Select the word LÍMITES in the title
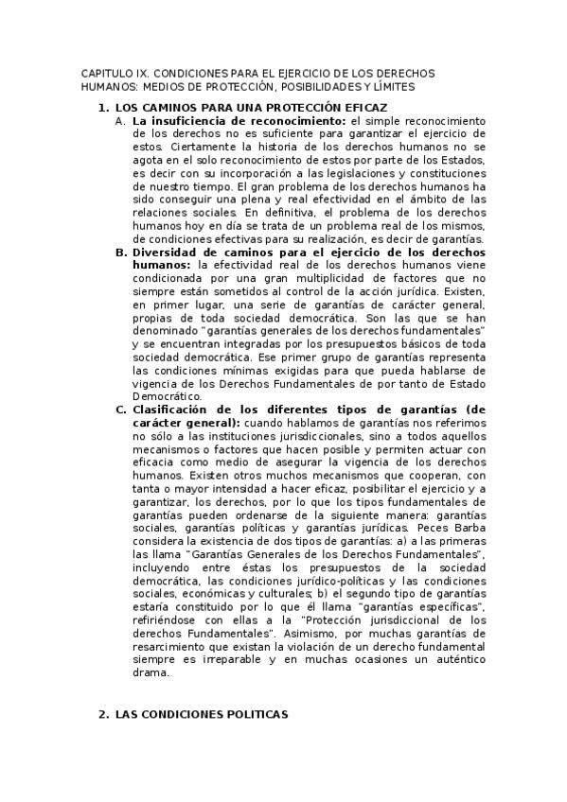coord(393,86)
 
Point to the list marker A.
coord(118,122)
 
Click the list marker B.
coord(119,253)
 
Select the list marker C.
coord(119,410)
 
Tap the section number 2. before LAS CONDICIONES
coord(104,716)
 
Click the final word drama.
coord(151,673)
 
